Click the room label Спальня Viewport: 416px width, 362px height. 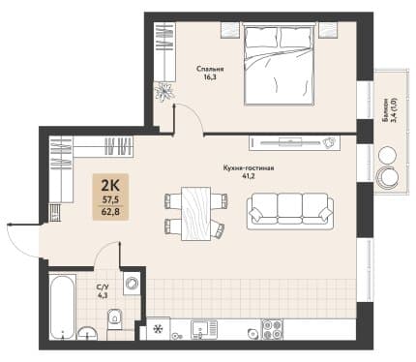pos(210,69)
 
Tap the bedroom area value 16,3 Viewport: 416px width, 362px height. pos(210,77)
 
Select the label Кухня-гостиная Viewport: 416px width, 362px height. pos(249,168)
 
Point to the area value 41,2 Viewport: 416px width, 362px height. pos(249,176)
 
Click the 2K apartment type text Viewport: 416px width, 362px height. pos(110,186)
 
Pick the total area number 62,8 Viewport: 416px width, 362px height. pos(110,212)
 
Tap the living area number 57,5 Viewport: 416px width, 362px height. pos(110,200)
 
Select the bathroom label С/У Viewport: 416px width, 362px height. pos(101,287)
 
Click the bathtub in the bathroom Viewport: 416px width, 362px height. pos(63,306)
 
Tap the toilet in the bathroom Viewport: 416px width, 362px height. pos(114,319)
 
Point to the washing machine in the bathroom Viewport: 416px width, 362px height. pos(132,284)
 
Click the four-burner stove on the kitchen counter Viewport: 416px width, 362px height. pos(272,329)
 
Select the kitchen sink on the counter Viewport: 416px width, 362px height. pos(204,329)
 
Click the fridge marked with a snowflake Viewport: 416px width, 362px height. pos(158,329)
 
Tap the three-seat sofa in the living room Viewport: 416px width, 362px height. pos(290,211)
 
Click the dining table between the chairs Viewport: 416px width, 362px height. pos(195,214)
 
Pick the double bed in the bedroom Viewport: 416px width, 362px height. pos(279,64)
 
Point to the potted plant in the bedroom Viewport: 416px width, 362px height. pos(164,91)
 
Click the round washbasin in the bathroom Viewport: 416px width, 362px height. pos(87,333)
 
